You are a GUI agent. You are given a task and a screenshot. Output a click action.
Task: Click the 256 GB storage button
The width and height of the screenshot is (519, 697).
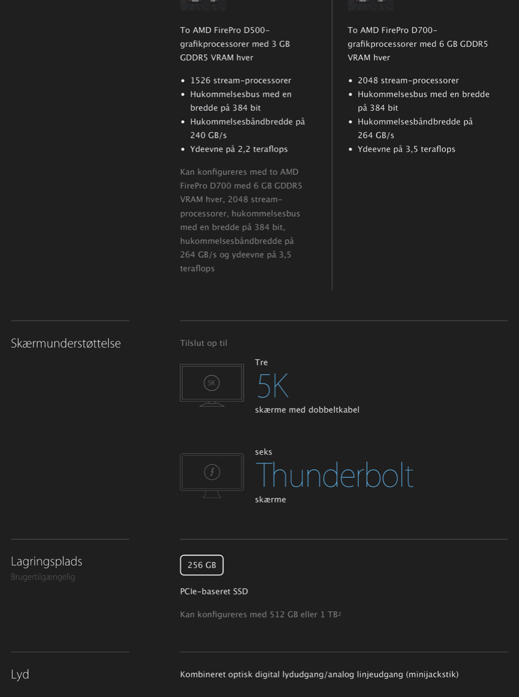[202, 565]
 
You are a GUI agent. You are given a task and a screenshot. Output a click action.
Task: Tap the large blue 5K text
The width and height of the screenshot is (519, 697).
[272, 386]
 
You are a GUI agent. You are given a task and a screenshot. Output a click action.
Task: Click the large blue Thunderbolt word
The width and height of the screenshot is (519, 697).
[334, 475]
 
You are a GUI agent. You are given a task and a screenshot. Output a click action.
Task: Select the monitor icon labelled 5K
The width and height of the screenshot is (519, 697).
[212, 385]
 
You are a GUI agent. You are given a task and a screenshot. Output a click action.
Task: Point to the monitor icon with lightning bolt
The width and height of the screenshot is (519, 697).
[212, 475]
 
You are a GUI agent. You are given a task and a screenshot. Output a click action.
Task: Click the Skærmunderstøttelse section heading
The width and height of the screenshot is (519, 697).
[66, 343]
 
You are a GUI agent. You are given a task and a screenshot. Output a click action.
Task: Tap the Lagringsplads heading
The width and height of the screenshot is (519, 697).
[47, 561]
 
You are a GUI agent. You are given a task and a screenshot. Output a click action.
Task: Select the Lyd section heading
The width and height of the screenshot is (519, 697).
[20, 674]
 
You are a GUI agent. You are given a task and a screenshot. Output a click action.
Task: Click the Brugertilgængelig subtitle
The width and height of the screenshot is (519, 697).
[43, 577]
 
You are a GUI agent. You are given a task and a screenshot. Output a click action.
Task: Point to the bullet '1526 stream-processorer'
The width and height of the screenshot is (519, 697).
[240, 81]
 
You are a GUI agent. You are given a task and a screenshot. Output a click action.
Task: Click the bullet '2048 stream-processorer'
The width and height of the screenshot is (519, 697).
[408, 81]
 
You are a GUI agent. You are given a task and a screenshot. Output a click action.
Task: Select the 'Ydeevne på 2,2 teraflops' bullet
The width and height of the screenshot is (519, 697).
[239, 149]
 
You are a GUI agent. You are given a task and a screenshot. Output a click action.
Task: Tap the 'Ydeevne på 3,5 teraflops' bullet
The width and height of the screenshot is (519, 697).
[406, 149]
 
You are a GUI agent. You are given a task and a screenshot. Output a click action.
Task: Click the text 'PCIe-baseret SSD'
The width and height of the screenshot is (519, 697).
[214, 591]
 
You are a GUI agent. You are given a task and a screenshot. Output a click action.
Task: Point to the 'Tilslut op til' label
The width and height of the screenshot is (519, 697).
[204, 343]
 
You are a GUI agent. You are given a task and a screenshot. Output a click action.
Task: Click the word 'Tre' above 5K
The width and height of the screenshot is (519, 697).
[261, 362]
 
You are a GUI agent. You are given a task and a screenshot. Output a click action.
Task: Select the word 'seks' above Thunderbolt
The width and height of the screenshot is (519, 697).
[264, 452]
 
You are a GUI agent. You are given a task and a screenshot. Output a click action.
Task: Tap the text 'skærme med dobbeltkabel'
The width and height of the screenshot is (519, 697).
[307, 410]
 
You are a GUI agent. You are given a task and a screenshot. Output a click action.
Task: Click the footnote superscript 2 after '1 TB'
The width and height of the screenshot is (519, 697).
[340, 613]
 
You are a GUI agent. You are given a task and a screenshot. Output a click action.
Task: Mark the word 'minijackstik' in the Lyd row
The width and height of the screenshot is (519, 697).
[432, 674]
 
